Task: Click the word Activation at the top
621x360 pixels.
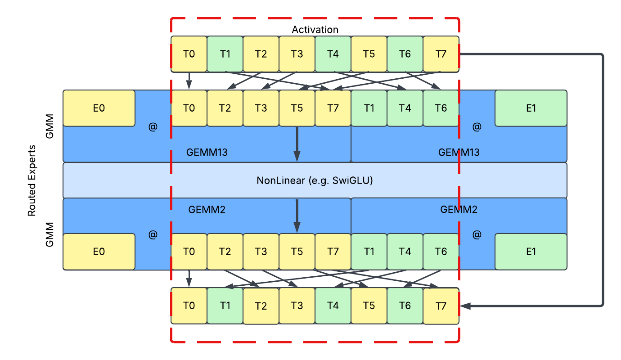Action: [x=315, y=30]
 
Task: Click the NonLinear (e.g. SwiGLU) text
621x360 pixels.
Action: [x=315, y=181]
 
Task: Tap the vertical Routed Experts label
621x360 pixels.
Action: [x=32, y=180]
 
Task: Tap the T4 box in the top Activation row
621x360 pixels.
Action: [x=333, y=54]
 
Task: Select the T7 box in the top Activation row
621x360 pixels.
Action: [x=441, y=54]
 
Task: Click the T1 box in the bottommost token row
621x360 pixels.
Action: [x=225, y=306]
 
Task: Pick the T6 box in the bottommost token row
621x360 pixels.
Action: [x=405, y=306]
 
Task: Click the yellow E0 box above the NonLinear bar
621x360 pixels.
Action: [x=99, y=108]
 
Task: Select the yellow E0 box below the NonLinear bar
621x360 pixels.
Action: [x=99, y=252]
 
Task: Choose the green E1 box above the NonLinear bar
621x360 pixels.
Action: [x=531, y=108]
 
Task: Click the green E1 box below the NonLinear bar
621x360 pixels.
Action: [x=531, y=252]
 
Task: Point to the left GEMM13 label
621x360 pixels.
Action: [x=207, y=152]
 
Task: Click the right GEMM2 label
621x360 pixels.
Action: [x=459, y=209]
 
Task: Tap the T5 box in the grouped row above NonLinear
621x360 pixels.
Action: [x=297, y=108]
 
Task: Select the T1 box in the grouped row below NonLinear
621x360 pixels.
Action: [x=369, y=252]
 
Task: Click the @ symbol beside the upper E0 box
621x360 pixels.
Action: [x=153, y=127]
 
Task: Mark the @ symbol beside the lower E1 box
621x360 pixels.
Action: [x=477, y=234]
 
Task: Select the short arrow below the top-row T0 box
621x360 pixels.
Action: [x=189, y=81]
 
